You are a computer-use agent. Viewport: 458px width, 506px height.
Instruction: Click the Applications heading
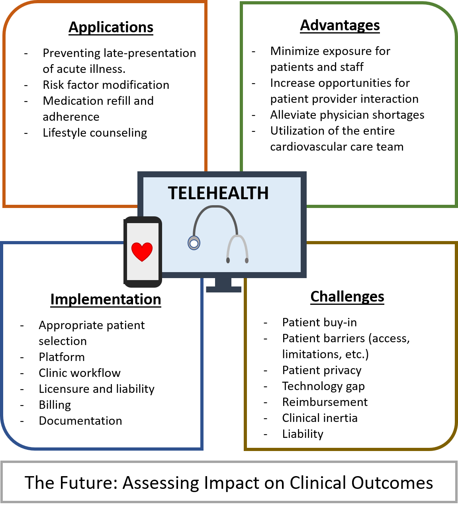[111, 27]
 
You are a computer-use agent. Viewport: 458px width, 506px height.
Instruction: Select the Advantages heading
[340, 25]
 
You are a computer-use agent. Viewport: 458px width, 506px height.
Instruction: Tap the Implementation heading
[106, 299]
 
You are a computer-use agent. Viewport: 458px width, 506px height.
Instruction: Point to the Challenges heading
[347, 296]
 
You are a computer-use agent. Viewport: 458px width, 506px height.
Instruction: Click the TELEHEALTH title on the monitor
[218, 193]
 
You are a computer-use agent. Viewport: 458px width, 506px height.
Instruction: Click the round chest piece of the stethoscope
[194, 243]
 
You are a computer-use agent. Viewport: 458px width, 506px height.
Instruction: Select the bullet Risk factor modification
[106, 85]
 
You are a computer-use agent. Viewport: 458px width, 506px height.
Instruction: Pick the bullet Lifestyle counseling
[95, 133]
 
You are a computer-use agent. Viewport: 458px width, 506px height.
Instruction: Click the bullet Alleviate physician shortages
[347, 115]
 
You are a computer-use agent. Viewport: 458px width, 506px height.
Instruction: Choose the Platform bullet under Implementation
[62, 357]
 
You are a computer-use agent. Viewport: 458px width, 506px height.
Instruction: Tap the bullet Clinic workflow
[80, 373]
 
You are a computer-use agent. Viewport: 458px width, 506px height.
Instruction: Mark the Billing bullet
[55, 405]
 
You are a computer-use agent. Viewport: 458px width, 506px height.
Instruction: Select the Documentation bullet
[80, 421]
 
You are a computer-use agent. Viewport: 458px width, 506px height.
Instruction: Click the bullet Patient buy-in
[319, 322]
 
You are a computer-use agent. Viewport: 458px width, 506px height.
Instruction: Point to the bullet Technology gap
[323, 386]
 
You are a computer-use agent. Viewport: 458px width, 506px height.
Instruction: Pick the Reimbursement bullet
[325, 402]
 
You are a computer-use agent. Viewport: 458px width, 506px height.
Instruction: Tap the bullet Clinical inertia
[320, 418]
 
